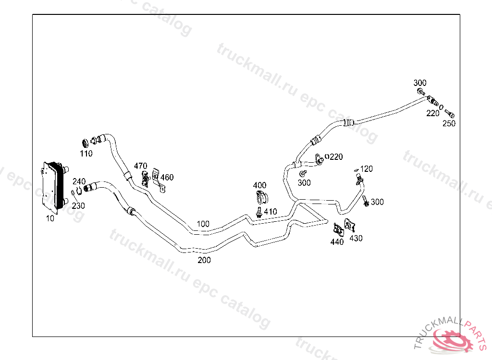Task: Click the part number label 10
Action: pos(50,218)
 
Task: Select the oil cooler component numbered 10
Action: pos(52,186)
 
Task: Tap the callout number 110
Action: pos(86,154)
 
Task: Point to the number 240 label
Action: pos(79,181)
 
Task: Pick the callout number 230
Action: pos(78,205)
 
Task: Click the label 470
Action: pos(140,166)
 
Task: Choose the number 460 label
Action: pos(167,178)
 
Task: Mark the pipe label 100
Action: pos(203,224)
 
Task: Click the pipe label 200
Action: pos(204,260)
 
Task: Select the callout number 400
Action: pos(259,185)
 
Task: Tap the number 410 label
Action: pos(270,211)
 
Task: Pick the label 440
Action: pos(337,242)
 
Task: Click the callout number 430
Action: pos(356,238)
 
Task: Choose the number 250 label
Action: pos(449,123)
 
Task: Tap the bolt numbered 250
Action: pos(450,114)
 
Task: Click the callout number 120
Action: pos(366,169)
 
